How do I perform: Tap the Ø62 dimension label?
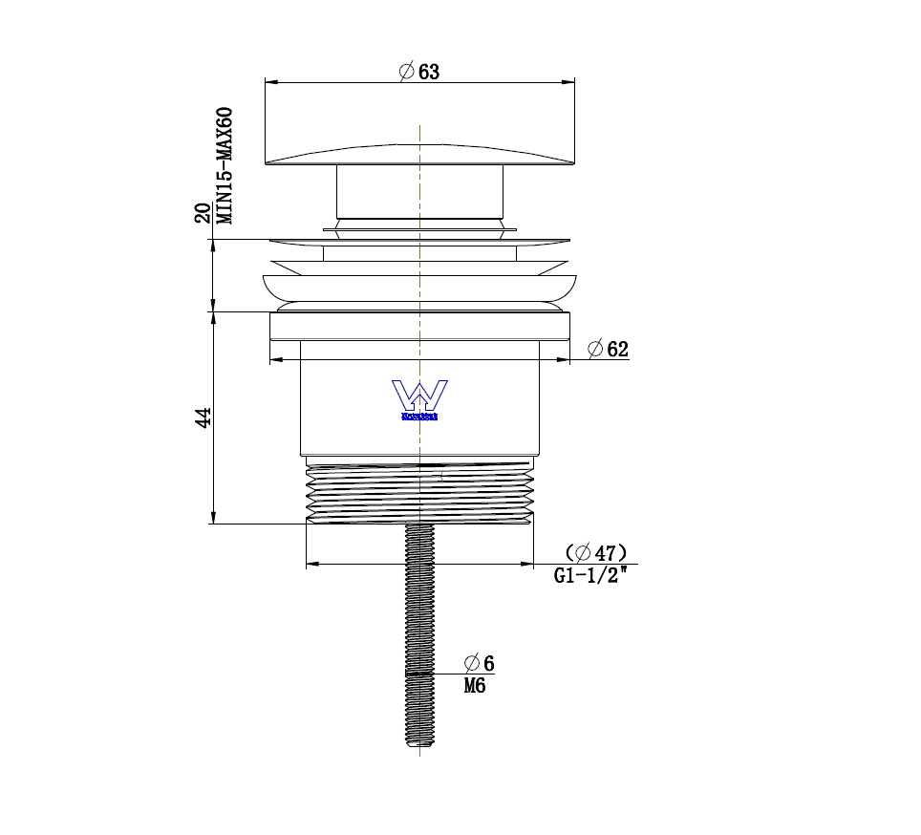pos(609,349)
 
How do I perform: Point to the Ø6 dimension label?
pos(480,663)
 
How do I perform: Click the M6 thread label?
pos(475,685)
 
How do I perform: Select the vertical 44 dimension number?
pos(202,417)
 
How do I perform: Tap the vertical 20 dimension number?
pos(203,212)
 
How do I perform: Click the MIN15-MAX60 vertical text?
pos(225,164)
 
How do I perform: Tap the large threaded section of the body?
pos(419,492)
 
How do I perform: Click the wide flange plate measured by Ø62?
pos(419,326)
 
